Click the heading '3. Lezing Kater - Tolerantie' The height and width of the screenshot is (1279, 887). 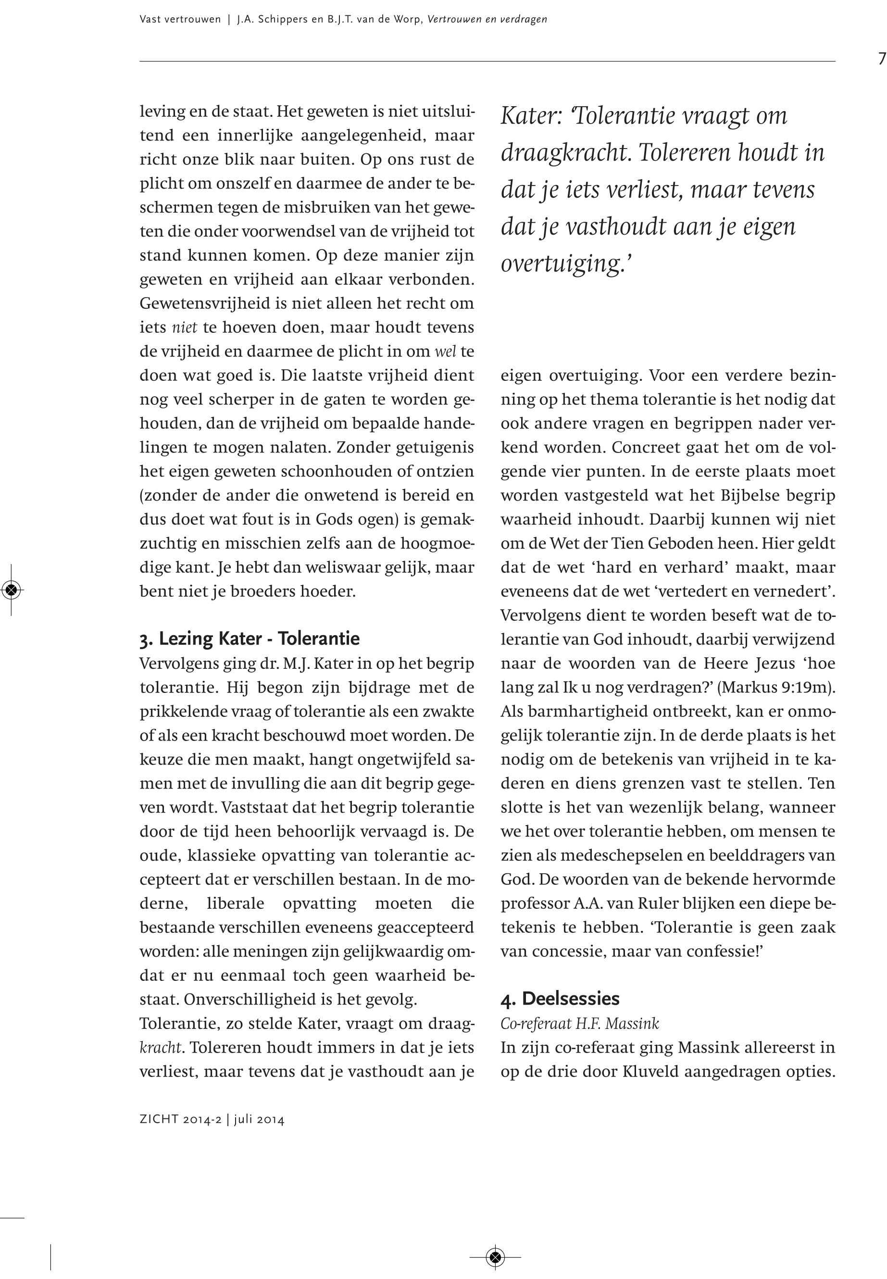click(250, 639)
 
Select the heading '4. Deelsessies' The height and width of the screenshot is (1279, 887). click(560, 998)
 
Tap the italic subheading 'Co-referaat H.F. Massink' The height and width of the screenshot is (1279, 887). click(580, 1023)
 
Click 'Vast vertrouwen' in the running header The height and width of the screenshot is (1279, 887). click(180, 19)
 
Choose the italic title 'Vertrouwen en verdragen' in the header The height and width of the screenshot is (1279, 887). click(487, 19)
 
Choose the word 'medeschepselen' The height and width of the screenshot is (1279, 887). click(620, 855)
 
